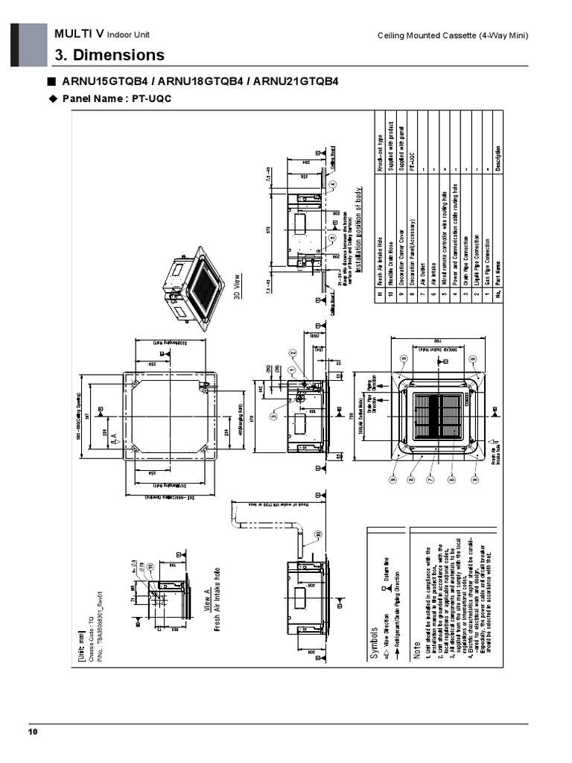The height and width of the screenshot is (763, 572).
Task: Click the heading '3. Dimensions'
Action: click(109, 55)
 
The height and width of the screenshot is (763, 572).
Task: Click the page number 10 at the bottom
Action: click(32, 732)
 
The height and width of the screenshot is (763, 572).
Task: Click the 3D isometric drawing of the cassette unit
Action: click(194, 286)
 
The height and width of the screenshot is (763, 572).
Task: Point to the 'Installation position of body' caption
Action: click(360, 230)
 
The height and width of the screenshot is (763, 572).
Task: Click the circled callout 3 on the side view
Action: click(274, 416)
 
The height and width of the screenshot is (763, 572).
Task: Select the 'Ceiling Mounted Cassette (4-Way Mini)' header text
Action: click(453, 37)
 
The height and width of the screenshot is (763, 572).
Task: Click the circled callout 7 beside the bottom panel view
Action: click(430, 479)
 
